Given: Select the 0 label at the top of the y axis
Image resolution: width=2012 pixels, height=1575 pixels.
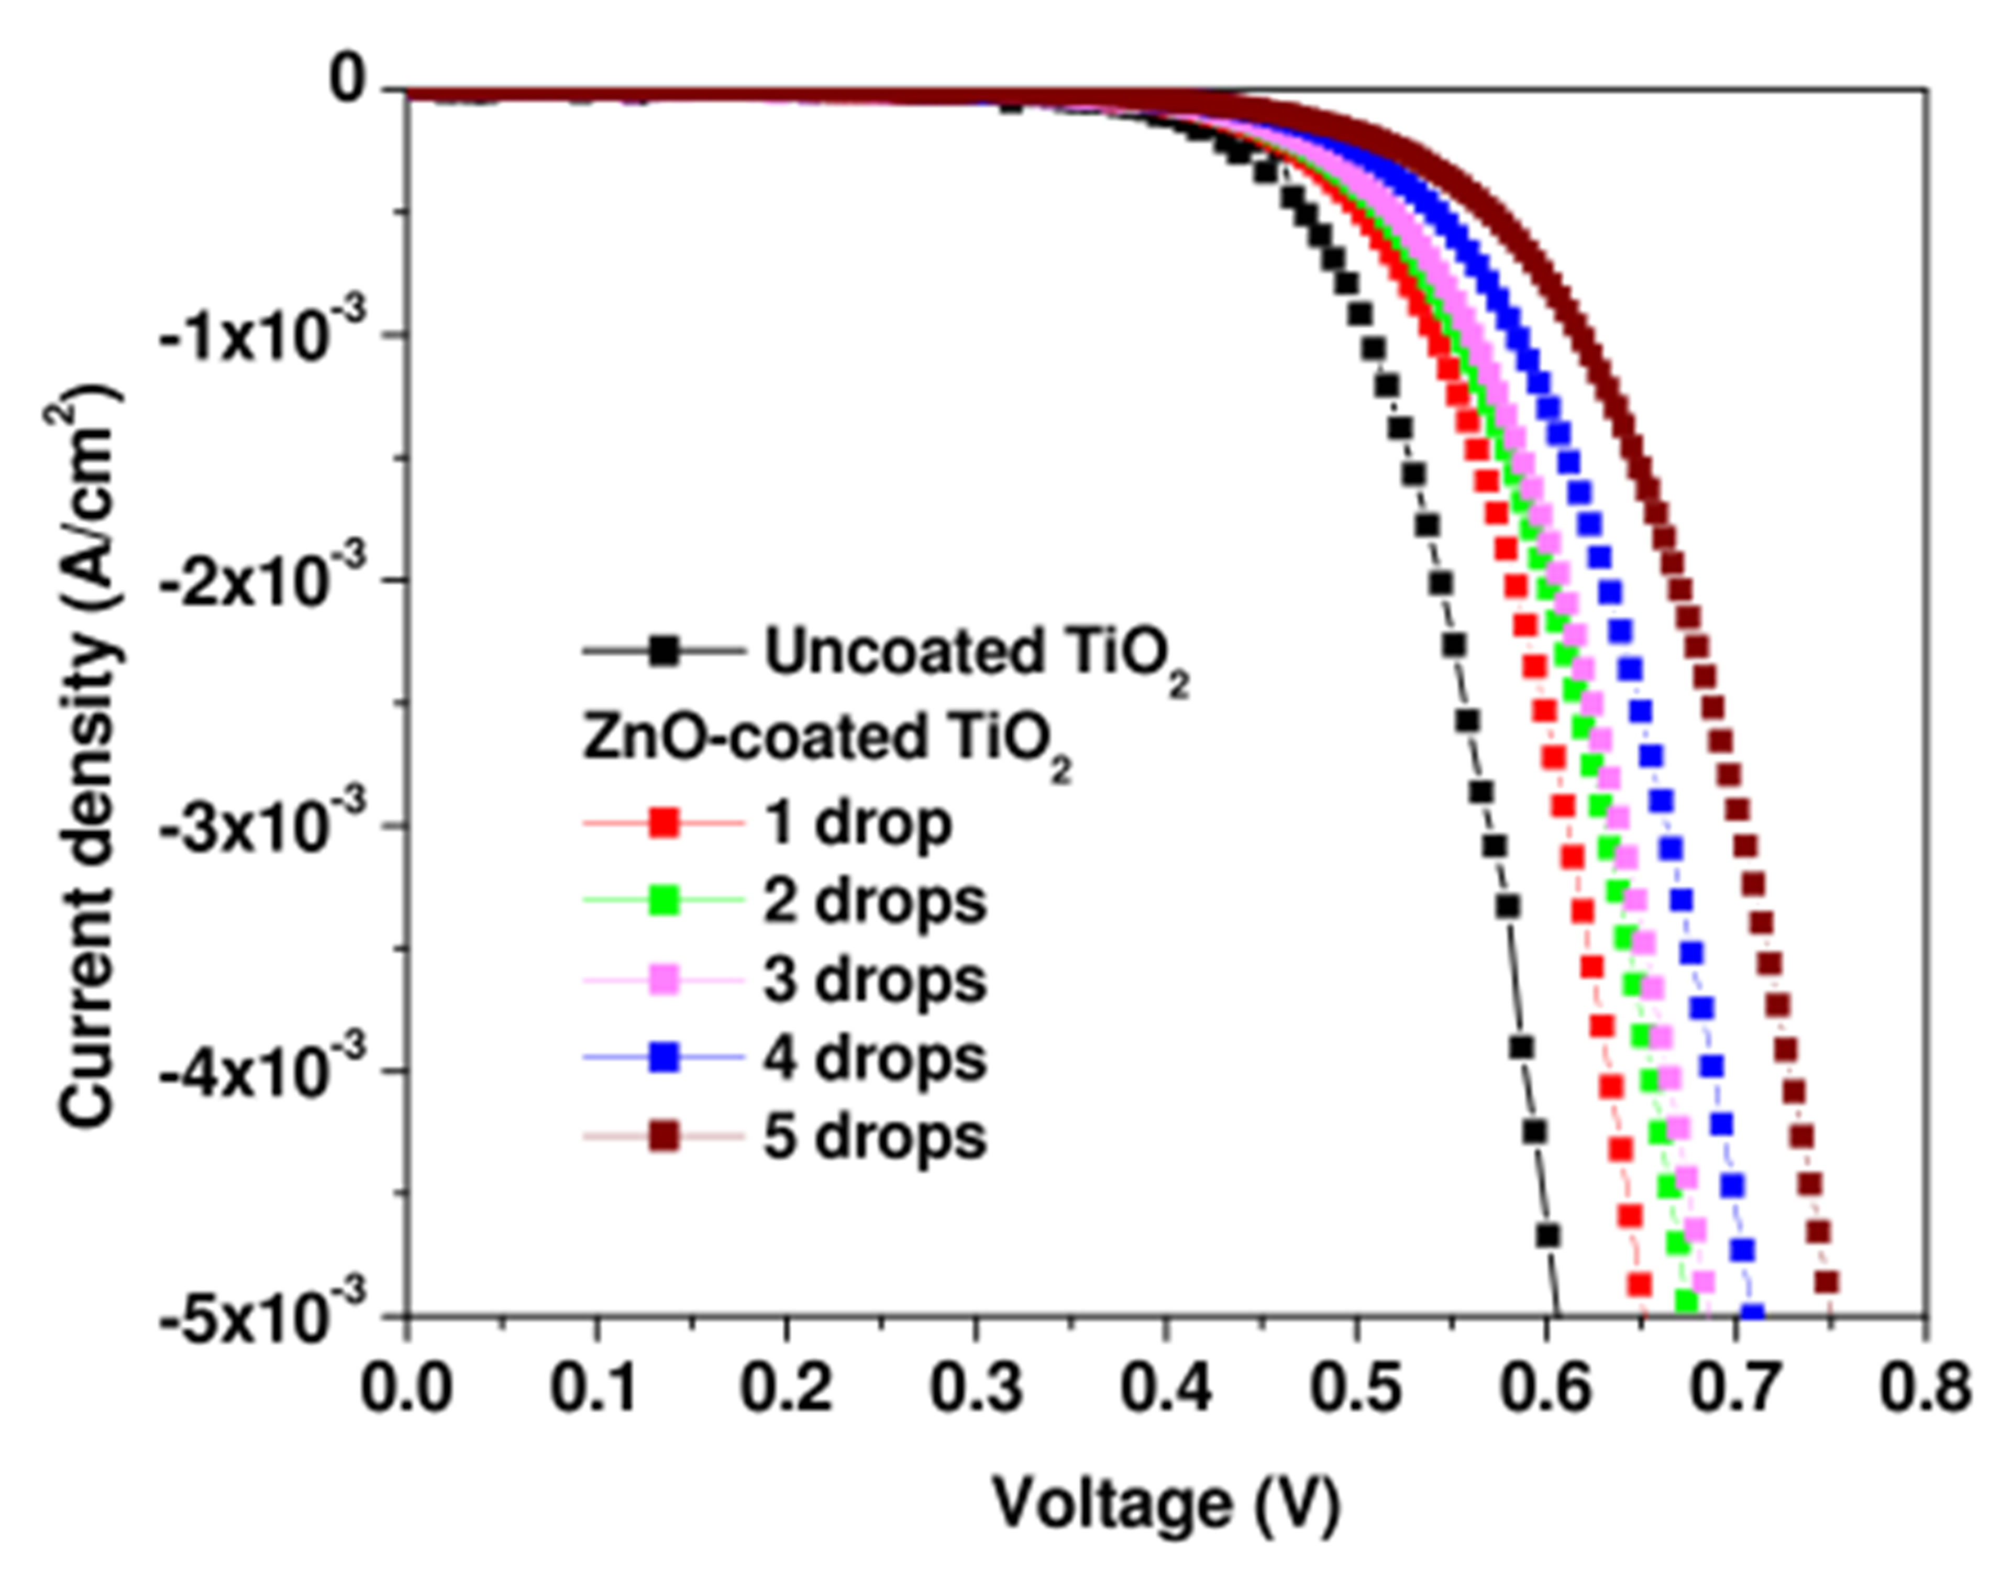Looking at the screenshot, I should [x=352, y=85].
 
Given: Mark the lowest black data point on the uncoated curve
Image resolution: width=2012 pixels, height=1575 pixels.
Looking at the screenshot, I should [x=1547, y=1234].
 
